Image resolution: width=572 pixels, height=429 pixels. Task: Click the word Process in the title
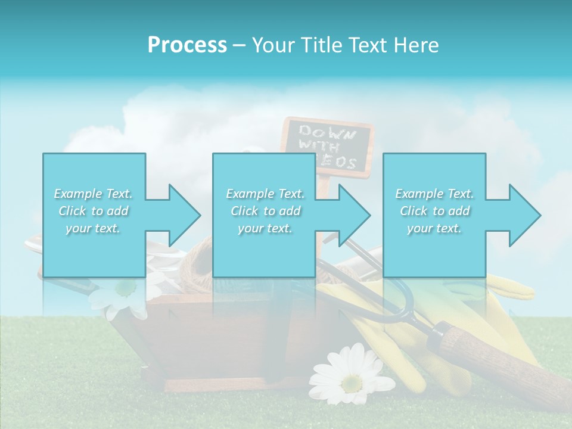coord(187,45)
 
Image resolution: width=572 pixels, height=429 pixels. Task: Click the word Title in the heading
coord(319,45)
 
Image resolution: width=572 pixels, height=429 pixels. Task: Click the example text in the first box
coord(94,211)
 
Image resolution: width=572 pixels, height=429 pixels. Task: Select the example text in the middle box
coord(265,211)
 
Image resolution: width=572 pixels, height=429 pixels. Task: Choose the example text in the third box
coord(434,211)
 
